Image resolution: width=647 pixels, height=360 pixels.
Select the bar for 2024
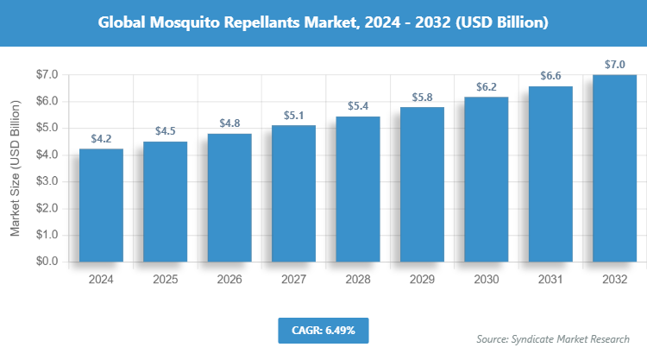[x=101, y=205]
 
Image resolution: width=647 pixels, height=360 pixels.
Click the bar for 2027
[x=293, y=193]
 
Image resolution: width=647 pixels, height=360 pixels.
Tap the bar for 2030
[x=487, y=179]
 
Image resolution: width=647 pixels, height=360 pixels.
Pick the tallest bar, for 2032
[x=615, y=168]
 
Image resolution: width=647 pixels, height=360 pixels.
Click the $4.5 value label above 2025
[x=166, y=131]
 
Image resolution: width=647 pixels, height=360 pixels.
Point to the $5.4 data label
[x=358, y=106]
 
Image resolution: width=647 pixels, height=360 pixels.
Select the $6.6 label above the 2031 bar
[x=550, y=76]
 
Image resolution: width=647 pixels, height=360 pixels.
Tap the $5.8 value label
[x=422, y=97]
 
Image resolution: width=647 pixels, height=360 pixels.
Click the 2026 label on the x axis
[x=229, y=280]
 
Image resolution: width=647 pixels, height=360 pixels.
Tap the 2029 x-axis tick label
[x=422, y=280]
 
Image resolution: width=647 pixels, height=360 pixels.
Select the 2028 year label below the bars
[x=358, y=280]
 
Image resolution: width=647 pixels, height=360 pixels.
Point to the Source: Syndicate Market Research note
[x=553, y=338]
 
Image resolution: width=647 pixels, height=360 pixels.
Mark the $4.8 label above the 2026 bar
[x=229, y=123]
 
